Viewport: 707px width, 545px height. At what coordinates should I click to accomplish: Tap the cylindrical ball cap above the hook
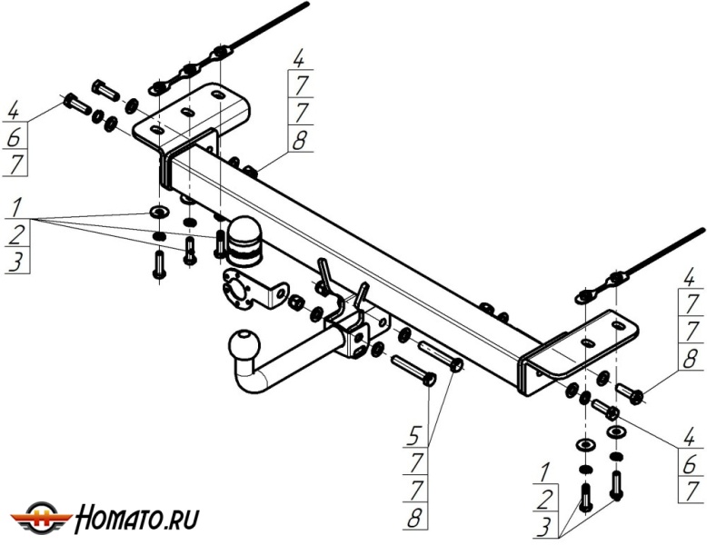244,238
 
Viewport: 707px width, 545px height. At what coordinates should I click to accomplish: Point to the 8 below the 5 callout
415,520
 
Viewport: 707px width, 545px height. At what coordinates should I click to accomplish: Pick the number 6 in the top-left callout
14,140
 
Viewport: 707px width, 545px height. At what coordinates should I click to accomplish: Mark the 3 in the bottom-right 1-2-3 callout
545,526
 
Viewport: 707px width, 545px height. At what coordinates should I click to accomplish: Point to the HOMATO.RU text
137,519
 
